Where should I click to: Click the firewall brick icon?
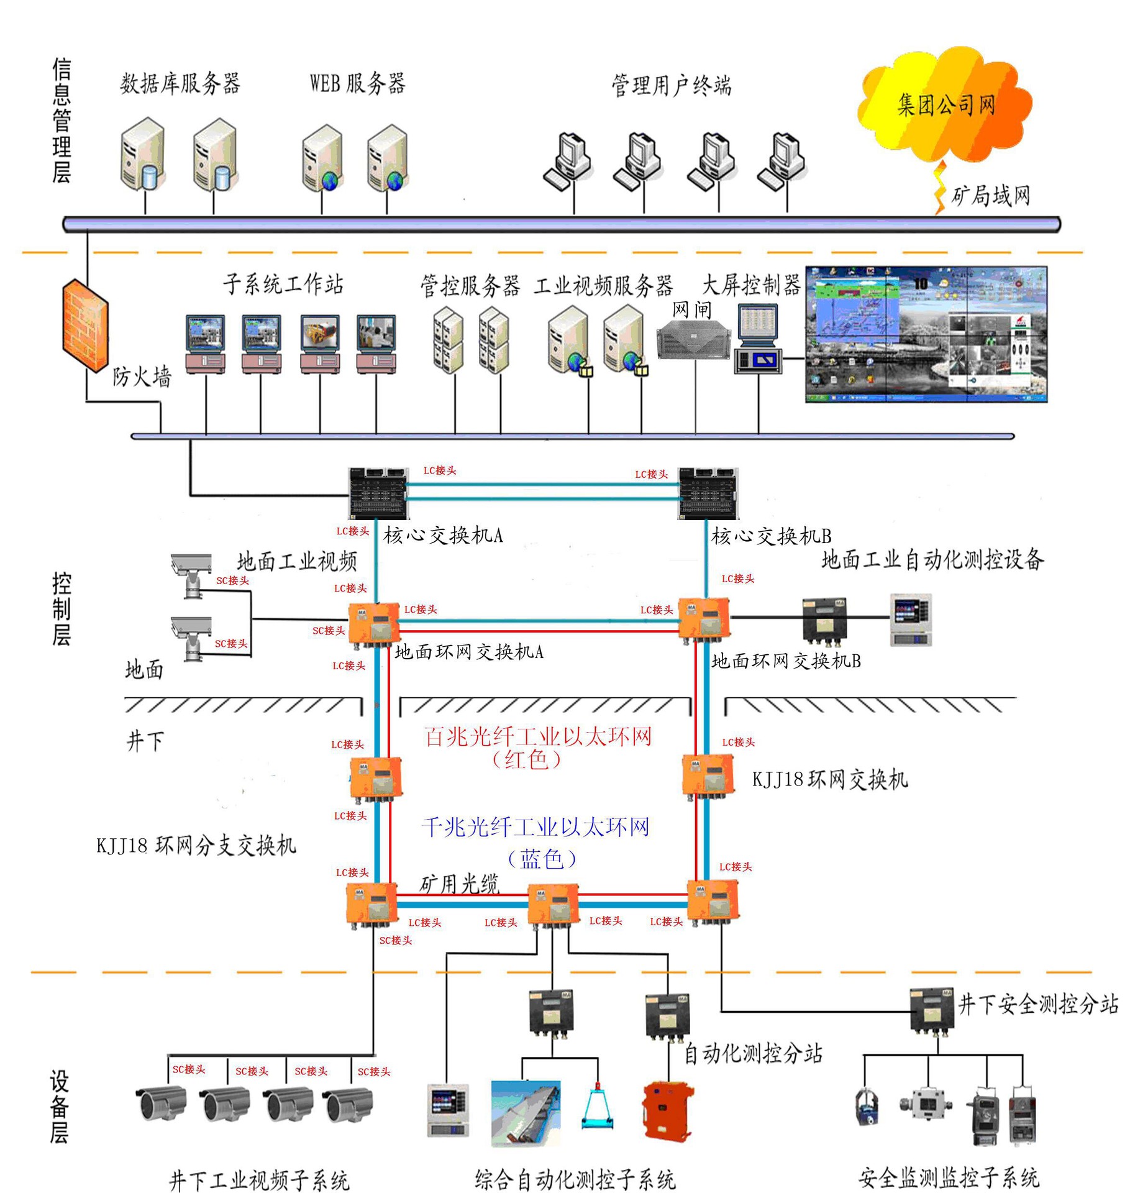86,326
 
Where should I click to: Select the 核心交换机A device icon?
378,493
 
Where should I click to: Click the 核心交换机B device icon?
708,493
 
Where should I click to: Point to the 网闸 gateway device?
695,340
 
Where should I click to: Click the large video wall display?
926,334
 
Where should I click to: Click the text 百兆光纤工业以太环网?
538,737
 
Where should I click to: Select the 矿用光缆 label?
460,883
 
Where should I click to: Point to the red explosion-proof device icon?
668,1112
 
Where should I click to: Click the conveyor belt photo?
526,1112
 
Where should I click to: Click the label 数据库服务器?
180,83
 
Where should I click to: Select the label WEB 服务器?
358,83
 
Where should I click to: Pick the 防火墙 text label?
142,377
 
